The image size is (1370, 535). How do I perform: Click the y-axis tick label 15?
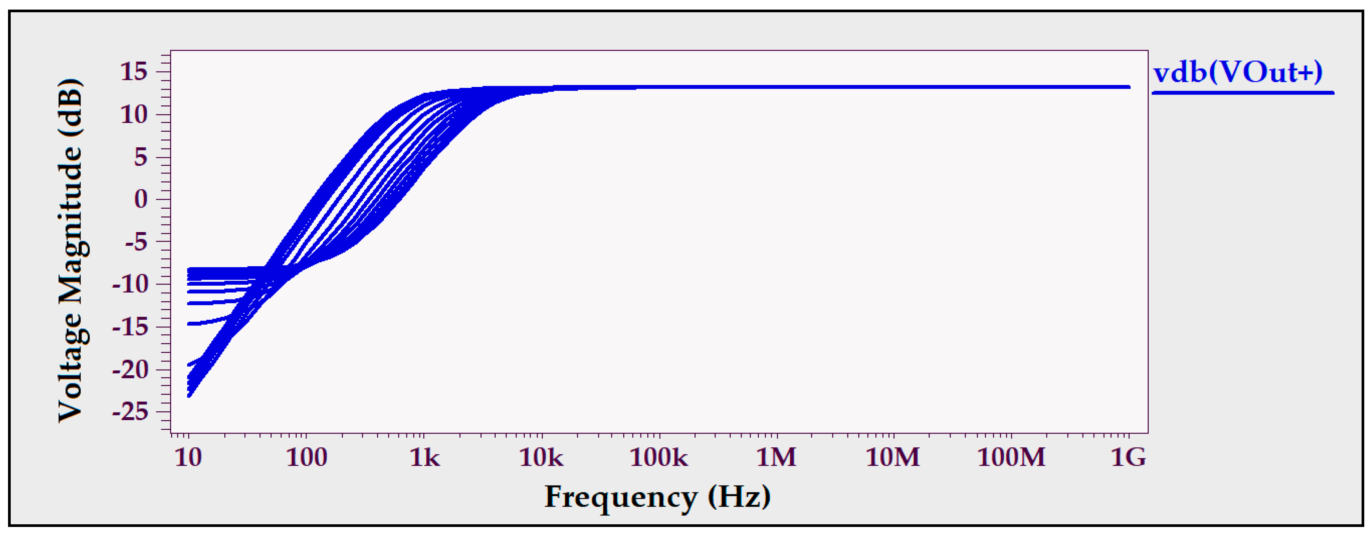pyautogui.click(x=134, y=72)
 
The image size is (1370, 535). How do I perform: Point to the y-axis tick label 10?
pyautogui.click(x=134, y=115)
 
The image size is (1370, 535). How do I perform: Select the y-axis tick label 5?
pyautogui.click(x=140, y=157)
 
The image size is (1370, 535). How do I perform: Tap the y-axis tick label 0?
pyautogui.click(x=141, y=200)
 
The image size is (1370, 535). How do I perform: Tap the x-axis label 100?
pyautogui.click(x=306, y=458)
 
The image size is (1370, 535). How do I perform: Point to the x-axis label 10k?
pyautogui.click(x=541, y=458)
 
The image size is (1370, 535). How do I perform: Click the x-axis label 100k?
pyautogui.click(x=658, y=458)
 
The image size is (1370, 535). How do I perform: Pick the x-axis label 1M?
pyautogui.click(x=776, y=458)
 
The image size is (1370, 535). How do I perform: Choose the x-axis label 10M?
pyautogui.click(x=893, y=458)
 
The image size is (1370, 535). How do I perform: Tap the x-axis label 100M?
pyautogui.click(x=1011, y=458)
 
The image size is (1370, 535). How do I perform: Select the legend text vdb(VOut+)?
pyautogui.click(x=1238, y=72)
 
